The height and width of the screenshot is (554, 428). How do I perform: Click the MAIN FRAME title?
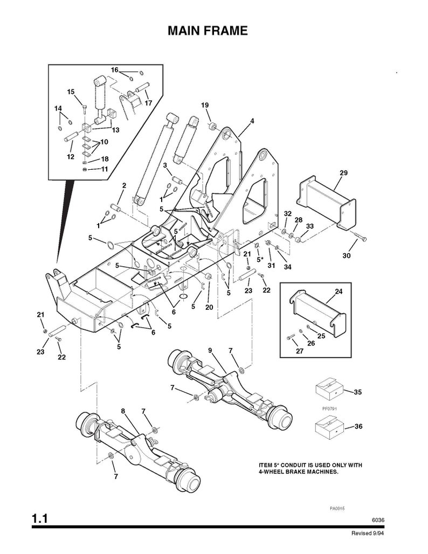point(208,31)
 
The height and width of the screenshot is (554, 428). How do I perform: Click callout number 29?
point(343,173)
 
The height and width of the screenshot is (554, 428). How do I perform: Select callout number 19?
point(205,105)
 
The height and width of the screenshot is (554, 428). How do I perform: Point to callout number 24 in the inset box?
point(339,292)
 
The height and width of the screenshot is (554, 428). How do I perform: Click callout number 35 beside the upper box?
point(357,392)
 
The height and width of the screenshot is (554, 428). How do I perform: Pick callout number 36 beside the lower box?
point(357,427)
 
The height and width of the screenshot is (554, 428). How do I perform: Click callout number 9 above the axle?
point(210,350)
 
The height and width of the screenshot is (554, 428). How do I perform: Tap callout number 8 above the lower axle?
point(123,411)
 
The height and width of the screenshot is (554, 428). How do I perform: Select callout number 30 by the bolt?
point(346,255)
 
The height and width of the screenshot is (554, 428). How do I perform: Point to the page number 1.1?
point(40,520)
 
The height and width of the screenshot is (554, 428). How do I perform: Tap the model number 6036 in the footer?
point(378,520)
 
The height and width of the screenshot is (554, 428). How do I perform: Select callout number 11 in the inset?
point(104,169)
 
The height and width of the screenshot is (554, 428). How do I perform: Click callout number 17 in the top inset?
point(148,103)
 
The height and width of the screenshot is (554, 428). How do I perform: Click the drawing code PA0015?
point(337,508)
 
